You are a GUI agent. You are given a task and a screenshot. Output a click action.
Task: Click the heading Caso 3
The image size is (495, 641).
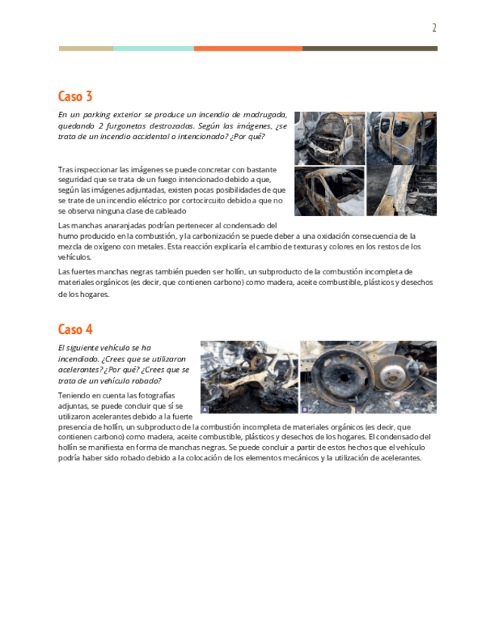click(75, 96)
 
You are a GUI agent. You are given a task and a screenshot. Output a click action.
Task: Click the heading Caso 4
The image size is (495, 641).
click(76, 329)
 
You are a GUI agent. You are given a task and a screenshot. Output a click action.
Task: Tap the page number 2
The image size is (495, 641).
click(434, 28)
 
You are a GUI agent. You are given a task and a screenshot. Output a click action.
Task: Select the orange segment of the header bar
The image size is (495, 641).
click(248, 48)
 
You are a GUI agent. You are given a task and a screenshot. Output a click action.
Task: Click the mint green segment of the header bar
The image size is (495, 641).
click(153, 48)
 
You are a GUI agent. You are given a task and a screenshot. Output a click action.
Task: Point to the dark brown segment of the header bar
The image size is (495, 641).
click(370, 48)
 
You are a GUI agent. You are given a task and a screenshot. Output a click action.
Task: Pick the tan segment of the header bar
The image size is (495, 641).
click(86, 48)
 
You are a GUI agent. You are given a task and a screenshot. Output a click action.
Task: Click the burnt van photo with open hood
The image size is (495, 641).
click(329, 138)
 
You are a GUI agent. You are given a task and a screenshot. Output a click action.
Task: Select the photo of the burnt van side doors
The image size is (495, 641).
click(401, 138)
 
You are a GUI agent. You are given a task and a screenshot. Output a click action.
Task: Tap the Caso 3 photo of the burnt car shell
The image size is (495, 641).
click(329, 191)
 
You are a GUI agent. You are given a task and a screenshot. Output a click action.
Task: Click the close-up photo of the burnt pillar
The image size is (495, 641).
click(401, 191)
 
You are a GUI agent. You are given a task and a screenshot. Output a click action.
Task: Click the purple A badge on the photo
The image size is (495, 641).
click(205, 409)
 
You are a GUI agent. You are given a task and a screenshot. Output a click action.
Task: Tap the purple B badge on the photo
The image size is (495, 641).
click(305, 409)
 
